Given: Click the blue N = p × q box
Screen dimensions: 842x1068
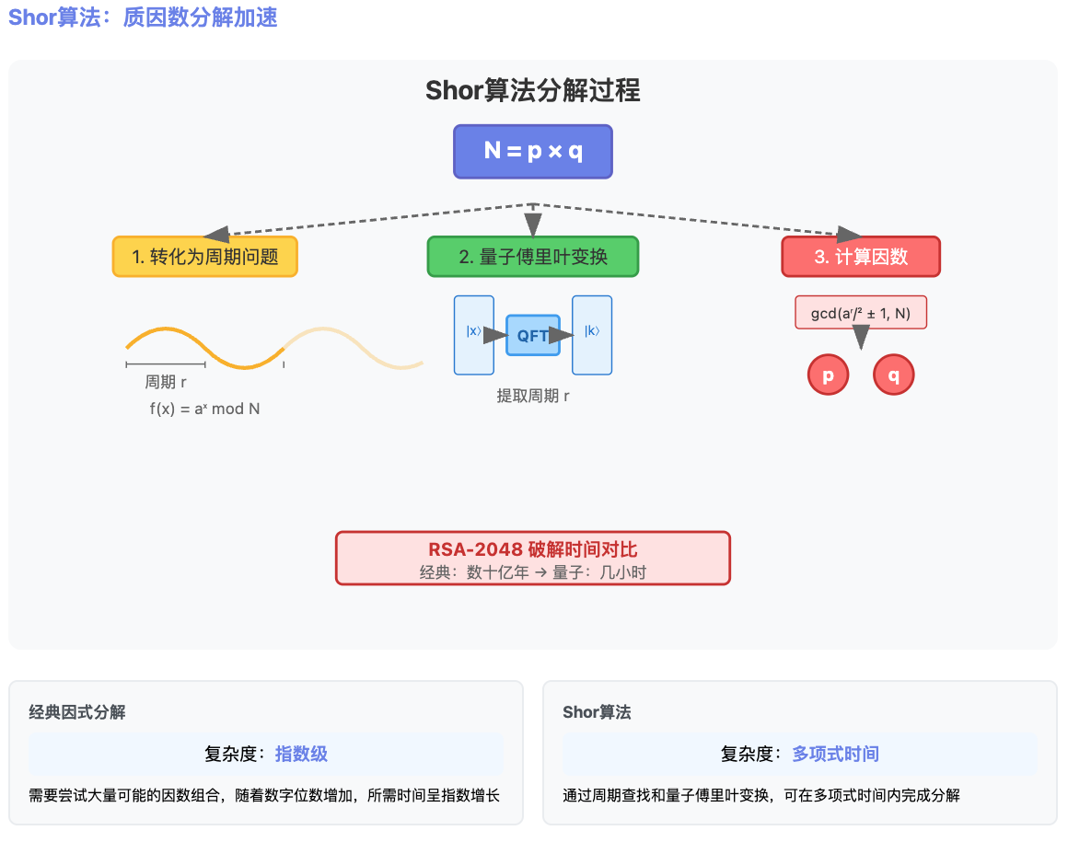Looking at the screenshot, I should tap(532, 152).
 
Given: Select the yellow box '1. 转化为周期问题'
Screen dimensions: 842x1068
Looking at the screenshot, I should tap(205, 257).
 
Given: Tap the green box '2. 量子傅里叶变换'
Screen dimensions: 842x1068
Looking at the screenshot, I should tap(532, 257).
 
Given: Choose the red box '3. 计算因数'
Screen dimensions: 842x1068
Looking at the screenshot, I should tap(861, 257).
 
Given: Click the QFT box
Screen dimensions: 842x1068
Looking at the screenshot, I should tap(532, 335).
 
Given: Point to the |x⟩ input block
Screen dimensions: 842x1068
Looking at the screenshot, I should tap(473, 334).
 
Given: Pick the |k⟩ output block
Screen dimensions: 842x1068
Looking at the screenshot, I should tap(592, 334).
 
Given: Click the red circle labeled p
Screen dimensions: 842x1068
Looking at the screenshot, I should tap(828, 375).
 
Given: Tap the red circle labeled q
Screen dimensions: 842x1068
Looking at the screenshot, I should tap(893, 375).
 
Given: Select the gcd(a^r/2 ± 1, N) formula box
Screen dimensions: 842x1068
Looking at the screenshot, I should tap(861, 313).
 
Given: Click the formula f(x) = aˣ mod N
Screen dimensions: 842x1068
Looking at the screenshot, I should tap(204, 409).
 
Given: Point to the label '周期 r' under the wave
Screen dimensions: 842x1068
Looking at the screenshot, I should tap(166, 383).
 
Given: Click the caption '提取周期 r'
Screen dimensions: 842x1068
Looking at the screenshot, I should tap(532, 397).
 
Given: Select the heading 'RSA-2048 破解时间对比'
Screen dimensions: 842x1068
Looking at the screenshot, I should tap(532, 549).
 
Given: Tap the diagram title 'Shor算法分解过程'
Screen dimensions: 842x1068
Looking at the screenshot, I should tap(532, 90).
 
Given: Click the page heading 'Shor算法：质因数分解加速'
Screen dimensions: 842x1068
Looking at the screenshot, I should tap(143, 17).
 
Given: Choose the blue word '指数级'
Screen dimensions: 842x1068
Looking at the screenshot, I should tap(301, 755).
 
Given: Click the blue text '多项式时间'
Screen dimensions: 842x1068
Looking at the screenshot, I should tap(835, 755).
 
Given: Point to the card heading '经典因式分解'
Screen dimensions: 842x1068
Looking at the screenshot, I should tap(77, 712).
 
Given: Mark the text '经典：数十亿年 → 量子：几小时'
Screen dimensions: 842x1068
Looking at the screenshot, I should tap(532, 572).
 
